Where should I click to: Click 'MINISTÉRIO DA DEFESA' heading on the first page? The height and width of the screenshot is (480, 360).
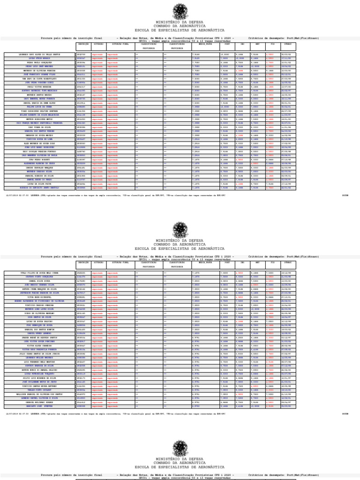coord(180,22)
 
